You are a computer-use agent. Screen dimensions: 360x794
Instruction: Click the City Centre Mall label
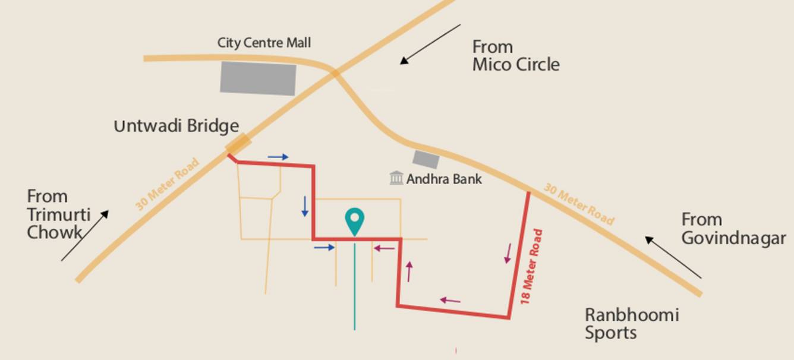pos(264,43)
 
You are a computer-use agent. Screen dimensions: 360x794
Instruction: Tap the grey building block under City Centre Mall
pos(258,78)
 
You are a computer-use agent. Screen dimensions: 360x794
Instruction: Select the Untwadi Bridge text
pos(177,126)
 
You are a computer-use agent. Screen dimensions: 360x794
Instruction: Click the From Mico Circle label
pos(515,55)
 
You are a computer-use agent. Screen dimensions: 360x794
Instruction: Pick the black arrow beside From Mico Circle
pos(430,44)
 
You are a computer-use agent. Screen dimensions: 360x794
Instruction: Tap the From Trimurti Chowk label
pos(58,214)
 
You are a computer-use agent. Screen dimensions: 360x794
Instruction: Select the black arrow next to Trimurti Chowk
pos(85,235)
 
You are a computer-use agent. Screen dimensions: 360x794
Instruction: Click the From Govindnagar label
pos(733,229)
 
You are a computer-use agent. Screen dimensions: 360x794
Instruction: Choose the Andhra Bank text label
pos(444,178)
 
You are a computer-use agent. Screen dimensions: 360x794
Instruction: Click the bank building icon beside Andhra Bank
pos(396,178)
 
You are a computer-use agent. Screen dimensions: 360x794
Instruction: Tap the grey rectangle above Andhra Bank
pos(426,159)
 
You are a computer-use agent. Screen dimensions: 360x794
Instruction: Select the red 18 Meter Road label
pos(531,267)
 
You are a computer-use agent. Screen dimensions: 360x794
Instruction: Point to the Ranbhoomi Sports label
pos(631,323)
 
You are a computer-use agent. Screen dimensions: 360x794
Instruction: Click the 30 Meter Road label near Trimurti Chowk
pos(168,184)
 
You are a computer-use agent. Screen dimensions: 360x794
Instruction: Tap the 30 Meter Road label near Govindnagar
pos(579,204)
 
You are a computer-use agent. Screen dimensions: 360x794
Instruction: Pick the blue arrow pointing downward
pos(305,206)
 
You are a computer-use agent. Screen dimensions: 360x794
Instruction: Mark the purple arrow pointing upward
pos(409,271)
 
